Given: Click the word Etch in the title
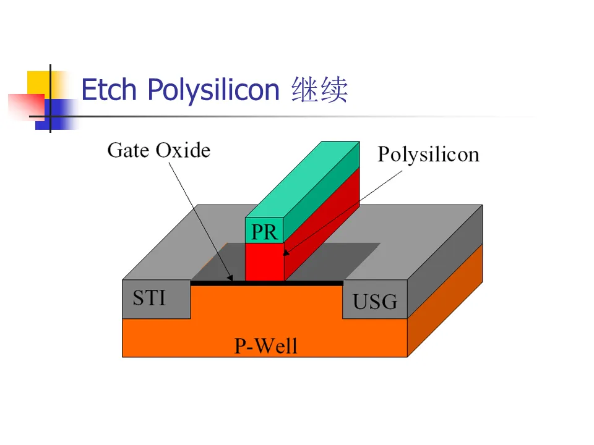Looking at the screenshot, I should coord(108,90).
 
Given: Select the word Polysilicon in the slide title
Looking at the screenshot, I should coord(213,91).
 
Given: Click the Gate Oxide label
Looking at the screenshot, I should coord(158,150).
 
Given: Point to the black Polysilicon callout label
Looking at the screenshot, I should coord(428,154).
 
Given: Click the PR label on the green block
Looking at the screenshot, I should coord(264,232).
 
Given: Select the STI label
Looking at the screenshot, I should coord(149,299).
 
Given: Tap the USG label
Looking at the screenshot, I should coord(375,302).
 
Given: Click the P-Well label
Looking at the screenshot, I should coord(265,345).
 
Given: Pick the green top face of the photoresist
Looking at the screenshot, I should coord(303,179).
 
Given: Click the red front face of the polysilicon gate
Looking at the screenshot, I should coord(264,261).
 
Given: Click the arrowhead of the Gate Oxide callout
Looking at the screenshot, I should coord(231,278).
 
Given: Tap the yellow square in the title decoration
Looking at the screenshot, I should coord(38,83).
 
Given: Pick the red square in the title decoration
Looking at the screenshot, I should coord(22,105).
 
